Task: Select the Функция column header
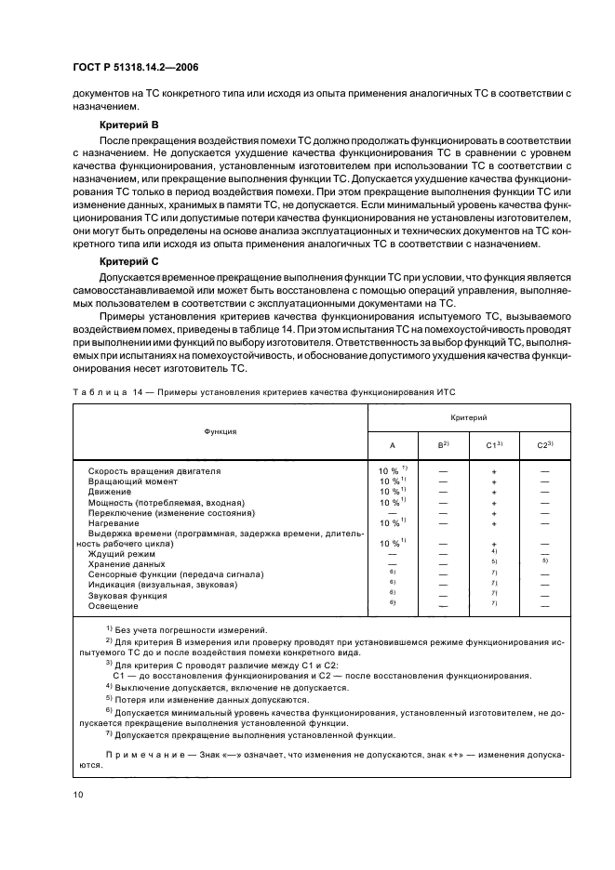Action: [x=221, y=431]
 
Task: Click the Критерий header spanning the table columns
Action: [x=469, y=419]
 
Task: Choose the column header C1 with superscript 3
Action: [x=493, y=445]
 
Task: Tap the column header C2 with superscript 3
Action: [x=544, y=445]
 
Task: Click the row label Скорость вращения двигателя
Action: [x=154, y=471]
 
